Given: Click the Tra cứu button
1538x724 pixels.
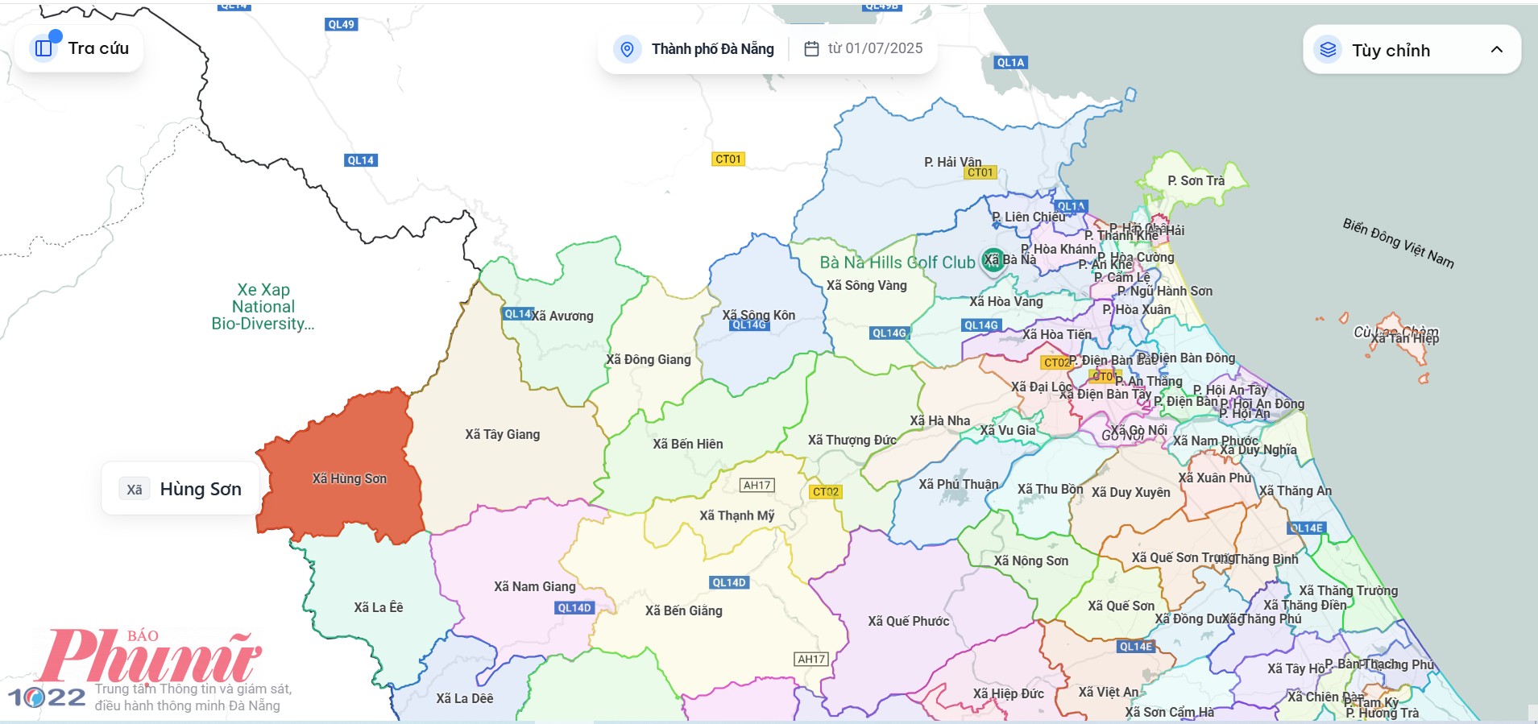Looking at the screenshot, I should point(80,48).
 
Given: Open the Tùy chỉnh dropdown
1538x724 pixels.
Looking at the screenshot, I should point(1411,50).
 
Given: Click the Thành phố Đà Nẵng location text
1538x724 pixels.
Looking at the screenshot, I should point(711,49).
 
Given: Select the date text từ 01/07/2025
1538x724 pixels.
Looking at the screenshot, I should point(874,48).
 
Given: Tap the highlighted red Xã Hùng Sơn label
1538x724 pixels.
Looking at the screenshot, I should point(349,478).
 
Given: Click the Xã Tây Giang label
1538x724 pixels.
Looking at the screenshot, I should point(502,434).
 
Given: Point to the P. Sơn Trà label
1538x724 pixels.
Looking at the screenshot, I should point(1196,180).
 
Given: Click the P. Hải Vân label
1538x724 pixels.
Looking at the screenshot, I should point(952,161).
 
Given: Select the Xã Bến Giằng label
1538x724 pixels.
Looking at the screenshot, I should point(683,610).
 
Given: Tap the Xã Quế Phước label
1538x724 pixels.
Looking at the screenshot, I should point(908,621).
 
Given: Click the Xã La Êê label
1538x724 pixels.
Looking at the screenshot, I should point(378,607).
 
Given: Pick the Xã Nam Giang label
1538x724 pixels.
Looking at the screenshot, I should point(534,586).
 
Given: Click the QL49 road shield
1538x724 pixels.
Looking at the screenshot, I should point(341,24).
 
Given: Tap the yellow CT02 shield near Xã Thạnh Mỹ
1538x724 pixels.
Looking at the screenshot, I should point(825,491).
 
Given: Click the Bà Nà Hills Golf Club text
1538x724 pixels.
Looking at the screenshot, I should point(897,263).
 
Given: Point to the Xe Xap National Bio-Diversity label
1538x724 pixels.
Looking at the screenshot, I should point(263,307).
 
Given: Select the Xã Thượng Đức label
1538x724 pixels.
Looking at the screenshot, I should point(852,440).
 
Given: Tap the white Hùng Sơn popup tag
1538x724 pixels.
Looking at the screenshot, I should point(180,489).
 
